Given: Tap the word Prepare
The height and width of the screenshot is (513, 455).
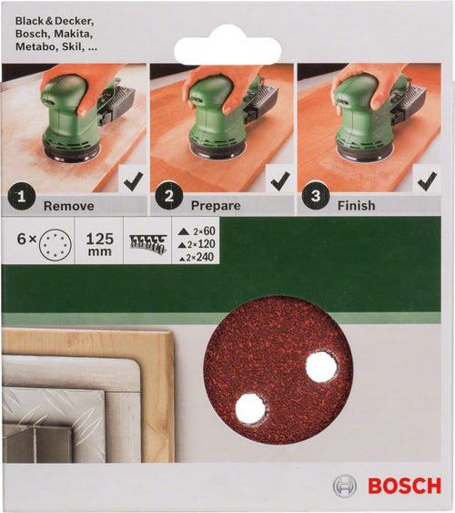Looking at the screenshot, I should [215, 206].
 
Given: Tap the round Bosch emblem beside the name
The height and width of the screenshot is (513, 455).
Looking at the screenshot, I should [349, 485].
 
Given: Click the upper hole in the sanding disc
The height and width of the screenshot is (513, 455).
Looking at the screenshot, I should [320, 366].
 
